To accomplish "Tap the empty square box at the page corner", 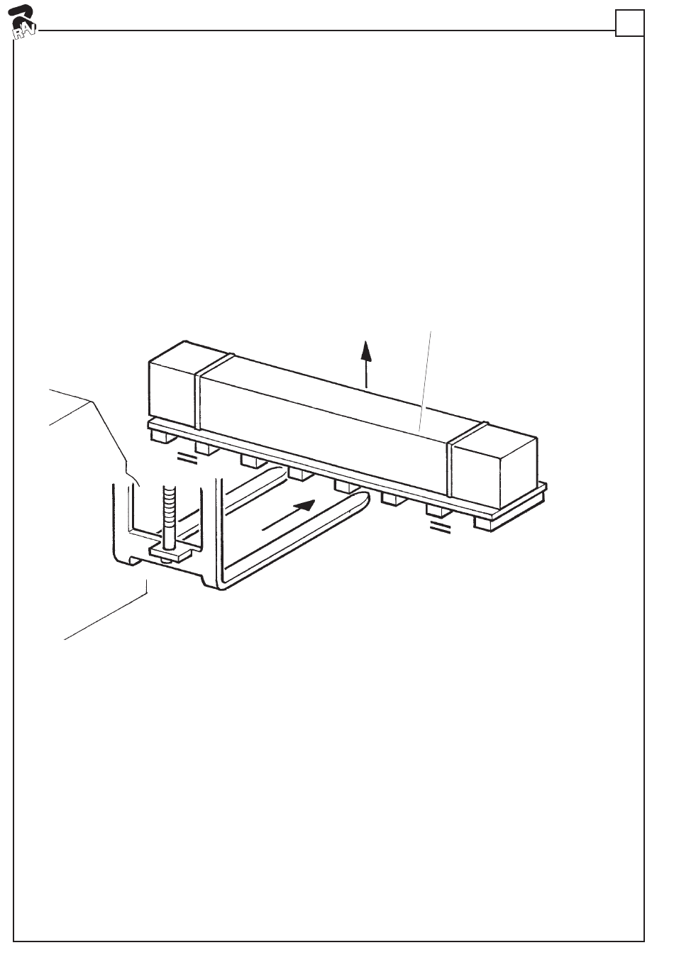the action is point(629,23).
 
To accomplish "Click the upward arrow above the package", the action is point(366,362).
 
